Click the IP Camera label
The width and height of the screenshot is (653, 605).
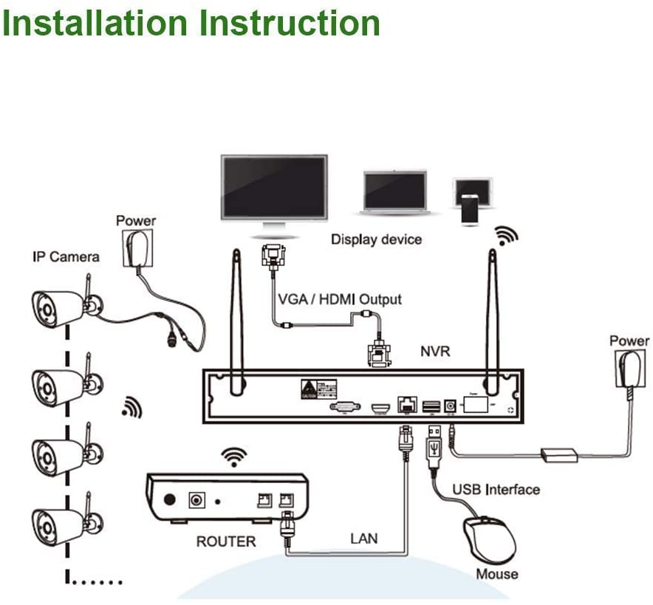(65, 257)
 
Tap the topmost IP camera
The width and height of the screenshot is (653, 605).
(59, 307)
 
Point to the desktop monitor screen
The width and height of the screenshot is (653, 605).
(274, 188)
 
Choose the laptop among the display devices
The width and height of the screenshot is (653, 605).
(395, 192)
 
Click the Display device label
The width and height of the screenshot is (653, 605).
(376, 239)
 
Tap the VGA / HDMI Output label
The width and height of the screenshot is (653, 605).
(340, 299)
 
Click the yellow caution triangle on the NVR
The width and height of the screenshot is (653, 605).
(307, 389)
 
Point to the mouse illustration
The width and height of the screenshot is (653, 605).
(489, 539)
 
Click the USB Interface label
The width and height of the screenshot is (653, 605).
(496, 489)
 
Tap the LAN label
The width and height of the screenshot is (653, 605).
(363, 538)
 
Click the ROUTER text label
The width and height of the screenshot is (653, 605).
(225, 541)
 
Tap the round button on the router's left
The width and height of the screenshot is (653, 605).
(170, 499)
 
